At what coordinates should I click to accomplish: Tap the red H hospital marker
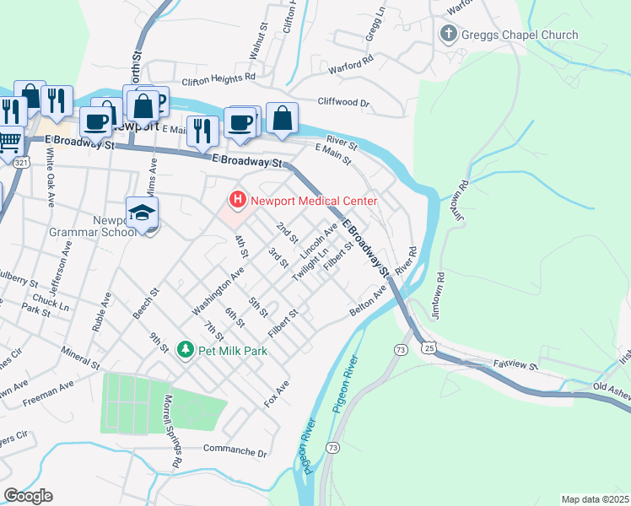point(238,201)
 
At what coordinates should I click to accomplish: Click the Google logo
point(28,496)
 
